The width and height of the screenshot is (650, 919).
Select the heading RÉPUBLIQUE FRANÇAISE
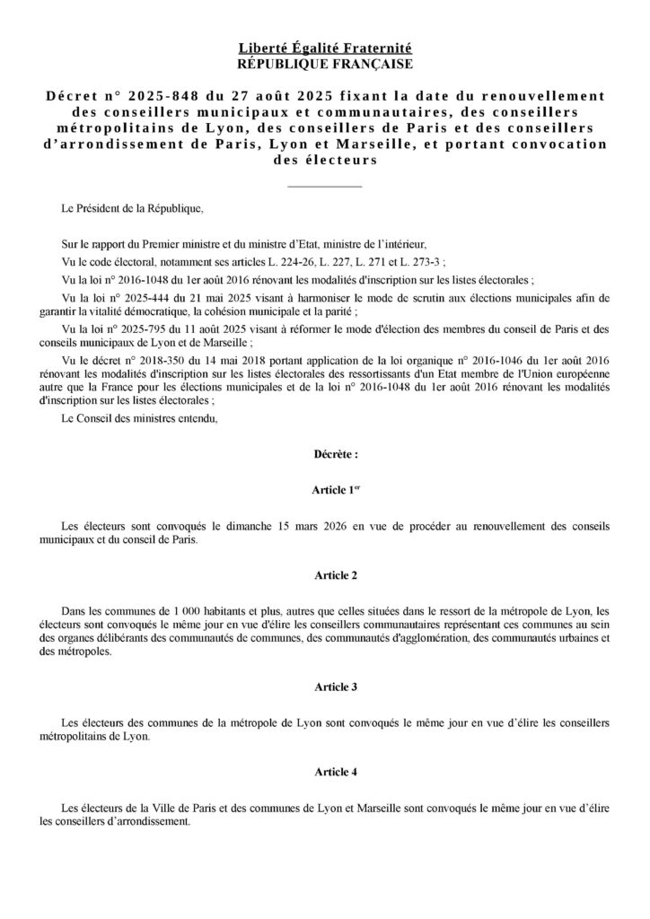click(324, 63)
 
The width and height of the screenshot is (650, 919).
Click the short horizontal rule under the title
click(324, 186)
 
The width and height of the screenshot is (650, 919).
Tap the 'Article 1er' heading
click(324, 489)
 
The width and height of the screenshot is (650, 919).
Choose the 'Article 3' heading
click(324, 687)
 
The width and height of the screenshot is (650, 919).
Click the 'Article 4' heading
click(324, 771)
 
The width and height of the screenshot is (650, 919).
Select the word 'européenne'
click(585, 372)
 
